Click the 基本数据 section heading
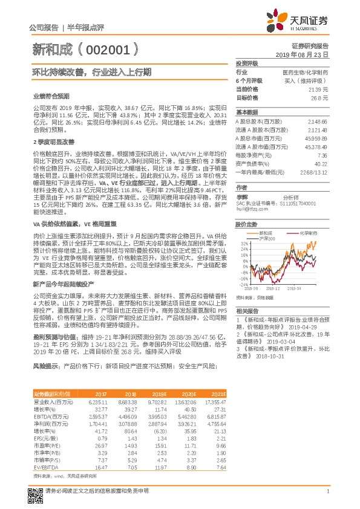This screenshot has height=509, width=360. (247, 112)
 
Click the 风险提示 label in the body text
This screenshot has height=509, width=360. (46, 366)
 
